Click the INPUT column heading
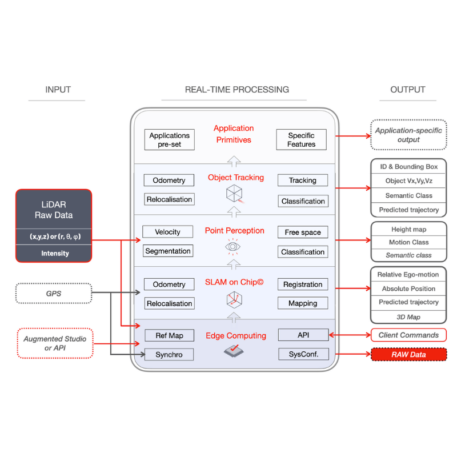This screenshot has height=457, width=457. coord(58,90)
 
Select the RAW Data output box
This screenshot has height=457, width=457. coord(408,355)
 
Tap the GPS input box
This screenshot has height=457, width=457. coord(54,293)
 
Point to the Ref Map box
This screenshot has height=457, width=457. coord(169,335)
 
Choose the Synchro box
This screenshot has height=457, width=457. coord(169,355)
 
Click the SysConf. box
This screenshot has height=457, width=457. coord(303,355)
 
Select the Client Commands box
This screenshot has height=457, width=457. coord(408,335)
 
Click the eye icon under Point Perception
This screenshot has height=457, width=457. coord(232,247)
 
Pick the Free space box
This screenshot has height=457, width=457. coord(303,232)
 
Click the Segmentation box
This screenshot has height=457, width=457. coord(168,251)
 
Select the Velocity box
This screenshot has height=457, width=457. coord(168,232)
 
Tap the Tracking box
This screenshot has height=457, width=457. coord(303,181)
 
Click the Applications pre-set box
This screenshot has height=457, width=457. coord(169,140)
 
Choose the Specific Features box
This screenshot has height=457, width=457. coord(301,140)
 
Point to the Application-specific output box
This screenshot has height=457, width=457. coord(408,135)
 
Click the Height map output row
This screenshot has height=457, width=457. coord(408,229)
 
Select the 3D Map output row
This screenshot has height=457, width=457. coord(408,317)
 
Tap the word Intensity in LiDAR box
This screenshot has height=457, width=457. coord(54,253)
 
